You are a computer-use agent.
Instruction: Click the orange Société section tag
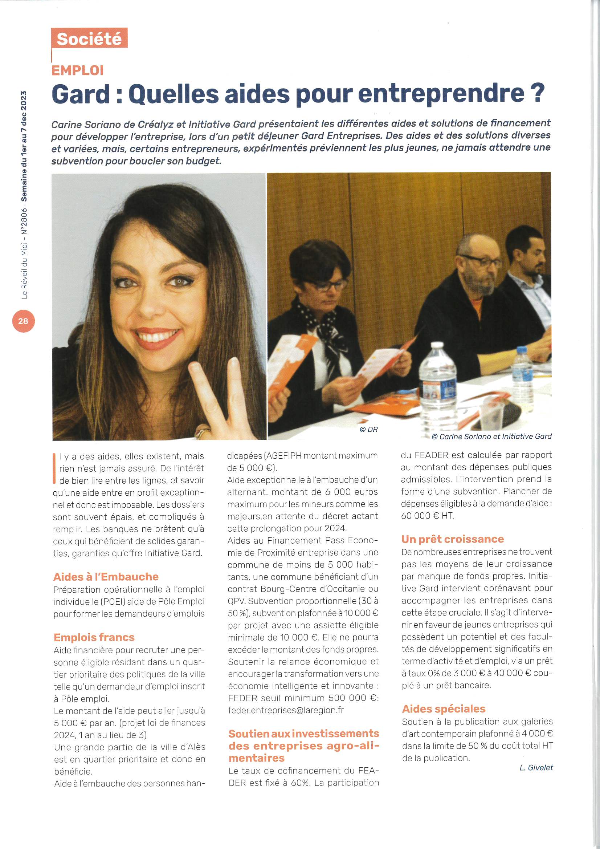pos(89,38)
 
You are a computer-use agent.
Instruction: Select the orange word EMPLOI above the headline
pos(78,70)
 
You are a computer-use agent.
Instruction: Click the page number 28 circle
pos(23,321)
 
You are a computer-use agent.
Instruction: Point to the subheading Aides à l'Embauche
pos(106,577)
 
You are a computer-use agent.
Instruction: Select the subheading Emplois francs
pos(94,637)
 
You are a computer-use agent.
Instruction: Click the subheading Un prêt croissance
pos(452,539)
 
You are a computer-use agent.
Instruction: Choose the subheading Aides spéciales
pos(443,708)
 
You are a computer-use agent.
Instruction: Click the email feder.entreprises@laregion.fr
pos(285,710)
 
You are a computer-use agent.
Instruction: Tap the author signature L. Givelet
pos(536,768)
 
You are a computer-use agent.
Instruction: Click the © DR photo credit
pos(368,429)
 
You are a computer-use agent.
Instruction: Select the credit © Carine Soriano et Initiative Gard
pos(491,436)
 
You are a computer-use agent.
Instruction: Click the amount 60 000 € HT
pos(427,516)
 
